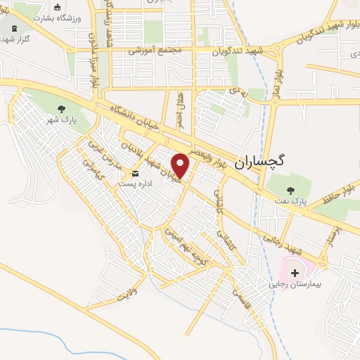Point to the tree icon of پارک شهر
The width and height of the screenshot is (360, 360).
pyautogui.click(x=61, y=108)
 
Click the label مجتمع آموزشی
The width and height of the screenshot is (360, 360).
pyautogui.click(x=155, y=51)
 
